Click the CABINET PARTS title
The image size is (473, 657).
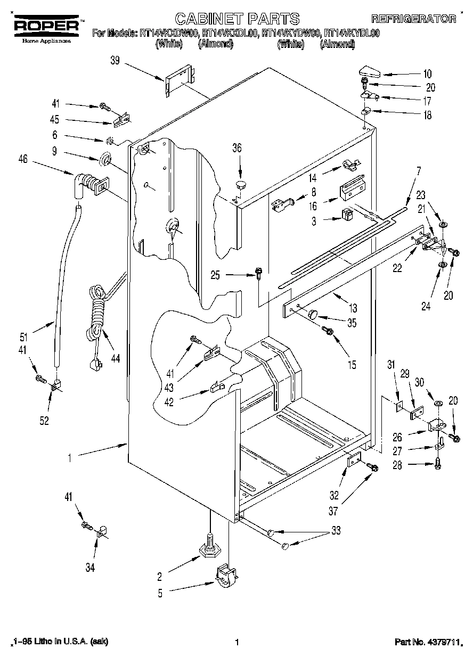[238, 19]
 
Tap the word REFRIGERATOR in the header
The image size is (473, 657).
[420, 20]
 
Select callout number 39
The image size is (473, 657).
[115, 62]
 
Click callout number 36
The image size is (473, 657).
[237, 148]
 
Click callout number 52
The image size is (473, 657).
[44, 421]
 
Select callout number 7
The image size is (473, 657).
[419, 172]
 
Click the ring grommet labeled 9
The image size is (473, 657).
[105, 159]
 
